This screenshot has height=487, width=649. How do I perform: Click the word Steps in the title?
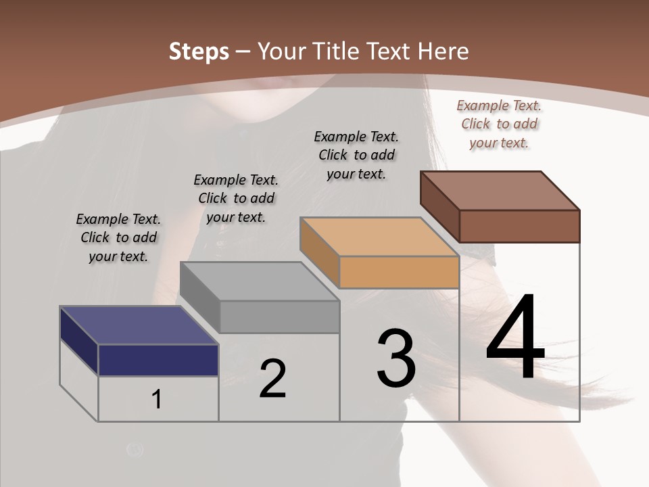(199, 51)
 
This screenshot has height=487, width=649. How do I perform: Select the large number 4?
(515, 338)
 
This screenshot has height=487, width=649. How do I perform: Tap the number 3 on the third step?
(396, 358)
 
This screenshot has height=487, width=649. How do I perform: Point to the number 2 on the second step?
(272, 379)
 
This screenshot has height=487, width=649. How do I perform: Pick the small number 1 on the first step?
(156, 399)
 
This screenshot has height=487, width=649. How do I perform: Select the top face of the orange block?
(379, 237)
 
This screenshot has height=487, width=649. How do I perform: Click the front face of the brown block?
(519, 226)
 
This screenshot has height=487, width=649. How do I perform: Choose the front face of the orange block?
(399, 273)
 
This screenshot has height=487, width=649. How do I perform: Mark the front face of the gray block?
(279, 317)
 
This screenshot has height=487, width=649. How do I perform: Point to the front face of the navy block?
(158, 360)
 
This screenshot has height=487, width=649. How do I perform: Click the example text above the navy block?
(118, 237)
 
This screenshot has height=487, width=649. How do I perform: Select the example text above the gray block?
(236, 198)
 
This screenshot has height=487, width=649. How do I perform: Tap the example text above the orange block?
(356, 155)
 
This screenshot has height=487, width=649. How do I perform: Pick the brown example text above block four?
(499, 124)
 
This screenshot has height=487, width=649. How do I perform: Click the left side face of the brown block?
(439, 206)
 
